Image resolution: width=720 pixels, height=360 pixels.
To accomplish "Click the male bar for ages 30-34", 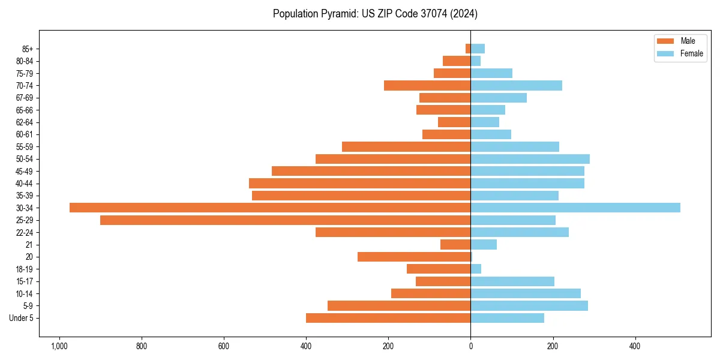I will pyautogui.click(x=270, y=208).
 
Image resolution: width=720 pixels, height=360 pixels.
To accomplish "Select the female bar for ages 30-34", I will pyautogui.click(x=575, y=208).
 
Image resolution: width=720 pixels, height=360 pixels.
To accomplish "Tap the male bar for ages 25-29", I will pyautogui.click(x=285, y=220).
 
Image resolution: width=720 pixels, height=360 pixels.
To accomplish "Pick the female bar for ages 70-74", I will pyautogui.click(x=516, y=85).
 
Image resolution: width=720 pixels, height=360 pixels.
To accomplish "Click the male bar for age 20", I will pyautogui.click(x=414, y=257).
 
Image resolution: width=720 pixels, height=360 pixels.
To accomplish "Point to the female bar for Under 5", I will pyautogui.click(x=507, y=318).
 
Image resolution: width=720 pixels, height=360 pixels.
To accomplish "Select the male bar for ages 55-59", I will pyautogui.click(x=406, y=146).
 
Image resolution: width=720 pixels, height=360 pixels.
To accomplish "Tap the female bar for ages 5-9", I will pyautogui.click(x=529, y=306).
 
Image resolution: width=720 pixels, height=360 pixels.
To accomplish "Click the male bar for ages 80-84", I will pyautogui.click(x=457, y=61).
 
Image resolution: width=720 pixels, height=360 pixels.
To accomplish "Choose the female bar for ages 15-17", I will pyautogui.click(x=512, y=281).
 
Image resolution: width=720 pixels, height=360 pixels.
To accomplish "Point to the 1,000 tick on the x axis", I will pyautogui.click(x=59, y=347).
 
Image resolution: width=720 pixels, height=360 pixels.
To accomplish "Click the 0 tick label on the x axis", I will pyautogui.click(x=470, y=347).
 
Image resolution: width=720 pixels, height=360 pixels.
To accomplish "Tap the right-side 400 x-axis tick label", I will pyautogui.click(x=635, y=347).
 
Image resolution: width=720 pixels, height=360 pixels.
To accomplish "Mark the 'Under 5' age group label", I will pyautogui.click(x=22, y=318).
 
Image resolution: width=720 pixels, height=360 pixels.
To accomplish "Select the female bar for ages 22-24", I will pyautogui.click(x=520, y=232).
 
